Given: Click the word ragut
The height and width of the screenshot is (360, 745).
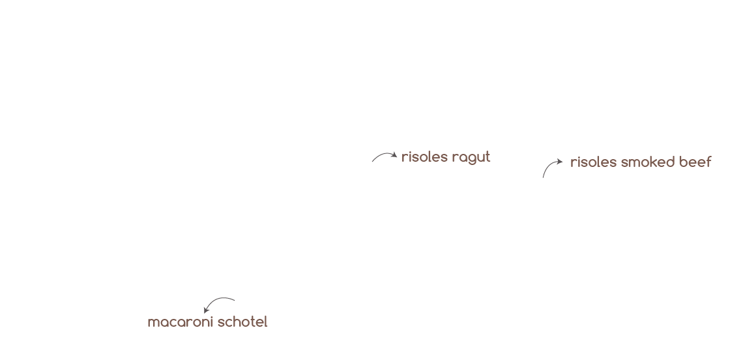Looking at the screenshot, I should pyautogui.click(x=471, y=157).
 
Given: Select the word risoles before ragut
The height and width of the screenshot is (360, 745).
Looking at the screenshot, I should pyautogui.click(x=424, y=157).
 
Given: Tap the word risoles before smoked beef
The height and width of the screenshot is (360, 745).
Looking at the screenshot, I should pyautogui.click(x=593, y=162).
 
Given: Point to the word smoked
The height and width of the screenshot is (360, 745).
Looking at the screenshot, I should pyautogui.click(x=646, y=162).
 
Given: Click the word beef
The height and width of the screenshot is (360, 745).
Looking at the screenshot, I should pyautogui.click(x=695, y=162).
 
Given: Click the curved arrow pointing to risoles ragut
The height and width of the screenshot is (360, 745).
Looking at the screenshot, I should pyautogui.click(x=383, y=157).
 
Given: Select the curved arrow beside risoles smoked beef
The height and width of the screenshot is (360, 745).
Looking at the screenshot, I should pyautogui.click(x=551, y=167).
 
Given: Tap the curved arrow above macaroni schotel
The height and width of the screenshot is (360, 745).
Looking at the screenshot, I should pyautogui.click(x=219, y=303).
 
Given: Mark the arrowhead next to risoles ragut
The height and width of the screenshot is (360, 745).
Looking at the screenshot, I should pyautogui.click(x=394, y=156).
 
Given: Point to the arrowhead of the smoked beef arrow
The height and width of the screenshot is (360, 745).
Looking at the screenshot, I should pyautogui.click(x=560, y=161).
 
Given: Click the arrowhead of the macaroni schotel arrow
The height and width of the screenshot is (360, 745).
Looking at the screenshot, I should pyautogui.click(x=207, y=310).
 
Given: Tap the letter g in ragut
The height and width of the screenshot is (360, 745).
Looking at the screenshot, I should pyautogui.click(x=472, y=158).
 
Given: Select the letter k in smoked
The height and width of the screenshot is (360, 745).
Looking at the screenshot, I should pyautogui.click(x=653, y=162).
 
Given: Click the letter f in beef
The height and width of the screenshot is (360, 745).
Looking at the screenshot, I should pyautogui.click(x=708, y=162).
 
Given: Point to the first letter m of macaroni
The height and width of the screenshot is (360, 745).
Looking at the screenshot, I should pyautogui.click(x=153, y=323).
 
